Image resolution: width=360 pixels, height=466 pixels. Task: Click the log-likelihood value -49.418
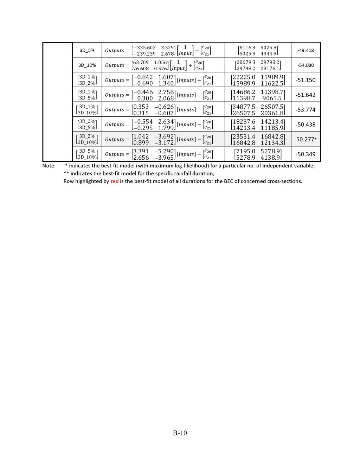point(306,50)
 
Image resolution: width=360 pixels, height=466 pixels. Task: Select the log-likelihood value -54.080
point(306,65)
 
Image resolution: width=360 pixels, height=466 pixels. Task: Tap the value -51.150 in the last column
point(306,80)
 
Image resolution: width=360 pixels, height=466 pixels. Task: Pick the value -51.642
point(306,95)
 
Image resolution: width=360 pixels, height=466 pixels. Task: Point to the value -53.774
point(306,110)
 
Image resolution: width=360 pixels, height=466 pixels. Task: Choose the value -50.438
point(306,125)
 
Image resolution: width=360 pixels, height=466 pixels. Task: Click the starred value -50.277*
point(306,140)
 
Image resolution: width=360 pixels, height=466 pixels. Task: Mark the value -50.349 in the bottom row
point(306,154)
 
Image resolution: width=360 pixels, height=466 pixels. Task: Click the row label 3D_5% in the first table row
point(87,50)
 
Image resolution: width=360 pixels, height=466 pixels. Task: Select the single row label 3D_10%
point(87,65)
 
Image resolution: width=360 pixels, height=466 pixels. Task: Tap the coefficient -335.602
point(144,47)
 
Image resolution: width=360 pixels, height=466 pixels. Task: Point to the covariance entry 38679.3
point(246,62)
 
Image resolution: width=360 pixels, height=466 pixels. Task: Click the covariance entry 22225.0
point(244,77)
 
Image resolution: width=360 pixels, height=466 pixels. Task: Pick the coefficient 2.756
point(166,92)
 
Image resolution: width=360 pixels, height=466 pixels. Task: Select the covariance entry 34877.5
point(244,107)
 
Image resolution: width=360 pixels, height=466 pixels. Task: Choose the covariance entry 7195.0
point(246,151)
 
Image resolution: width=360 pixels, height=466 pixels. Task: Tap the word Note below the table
point(49,166)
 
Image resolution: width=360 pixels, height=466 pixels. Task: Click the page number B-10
point(180,433)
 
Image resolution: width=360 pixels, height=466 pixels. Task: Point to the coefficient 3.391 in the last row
point(141,151)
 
